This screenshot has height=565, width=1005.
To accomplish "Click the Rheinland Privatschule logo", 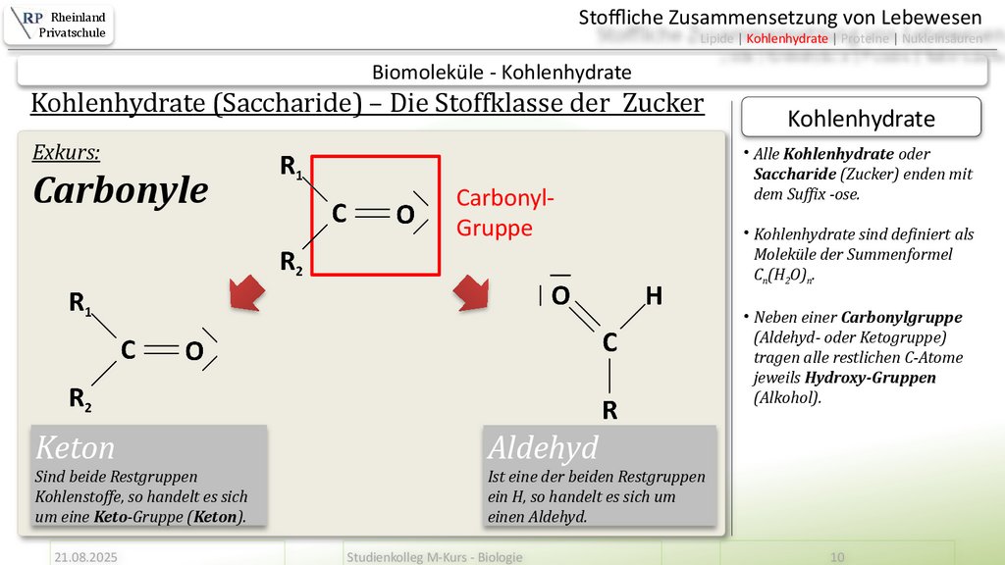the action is coord(59,25).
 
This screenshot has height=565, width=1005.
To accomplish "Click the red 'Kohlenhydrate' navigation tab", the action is coord(787,38).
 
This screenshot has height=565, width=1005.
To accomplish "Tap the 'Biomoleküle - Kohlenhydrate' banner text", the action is coord(502,72).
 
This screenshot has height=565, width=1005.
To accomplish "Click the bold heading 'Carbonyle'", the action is coord(120,190).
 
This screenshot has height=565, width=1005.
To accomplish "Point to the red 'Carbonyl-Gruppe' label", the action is coord(504,213).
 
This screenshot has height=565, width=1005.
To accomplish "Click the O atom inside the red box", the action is coord(404,214).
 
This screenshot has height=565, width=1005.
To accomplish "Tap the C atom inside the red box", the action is coord(338,213).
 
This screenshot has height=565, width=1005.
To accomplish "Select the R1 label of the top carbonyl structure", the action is coord(291,168).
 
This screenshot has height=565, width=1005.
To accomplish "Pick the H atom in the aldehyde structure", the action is coord(654,295).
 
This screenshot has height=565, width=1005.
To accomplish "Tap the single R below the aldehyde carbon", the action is coord(609,410).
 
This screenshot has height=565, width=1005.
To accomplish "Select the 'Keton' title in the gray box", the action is coord(76,448).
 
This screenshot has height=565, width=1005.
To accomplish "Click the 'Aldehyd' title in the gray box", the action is coord(542,448).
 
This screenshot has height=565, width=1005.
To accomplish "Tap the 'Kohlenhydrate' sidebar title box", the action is coord(861,119).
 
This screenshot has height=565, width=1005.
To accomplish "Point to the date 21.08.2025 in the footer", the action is coord(85,556).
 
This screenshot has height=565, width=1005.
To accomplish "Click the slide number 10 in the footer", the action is coord(837,556).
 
